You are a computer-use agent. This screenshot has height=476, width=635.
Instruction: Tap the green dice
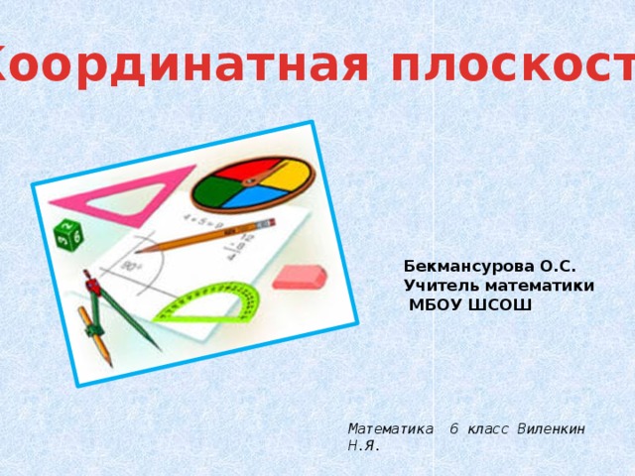pyautogui.click(x=66, y=235)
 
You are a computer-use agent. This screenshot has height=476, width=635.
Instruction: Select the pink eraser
pyautogui.click(x=299, y=277)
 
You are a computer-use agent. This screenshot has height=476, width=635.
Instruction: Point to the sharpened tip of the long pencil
pyautogui.click(x=139, y=250)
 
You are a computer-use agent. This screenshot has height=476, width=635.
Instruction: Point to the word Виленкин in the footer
pyautogui.click(x=551, y=428)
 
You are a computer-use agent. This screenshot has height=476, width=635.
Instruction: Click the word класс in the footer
pyautogui.click(x=486, y=428)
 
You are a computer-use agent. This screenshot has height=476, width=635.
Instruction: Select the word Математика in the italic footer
pyautogui.click(x=390, y=428)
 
